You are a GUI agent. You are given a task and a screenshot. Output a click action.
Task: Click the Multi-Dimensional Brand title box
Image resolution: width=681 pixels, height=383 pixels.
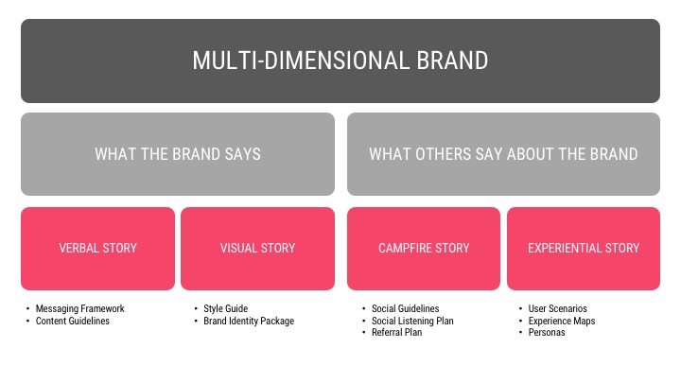(x=340, y=61)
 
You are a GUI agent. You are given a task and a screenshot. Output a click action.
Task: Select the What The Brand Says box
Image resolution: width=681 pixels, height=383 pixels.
(x=178, y=154)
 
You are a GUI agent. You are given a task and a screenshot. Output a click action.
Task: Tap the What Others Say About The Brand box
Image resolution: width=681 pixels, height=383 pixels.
(x=503, y=154)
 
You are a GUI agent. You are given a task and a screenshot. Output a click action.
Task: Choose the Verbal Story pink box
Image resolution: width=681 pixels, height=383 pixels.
(x=97, y=249)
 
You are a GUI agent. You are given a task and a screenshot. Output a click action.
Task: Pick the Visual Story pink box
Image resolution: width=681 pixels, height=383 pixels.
(x=257, y=249)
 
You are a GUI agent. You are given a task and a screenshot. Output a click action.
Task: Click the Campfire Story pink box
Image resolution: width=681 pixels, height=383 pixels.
(x=424, y=249)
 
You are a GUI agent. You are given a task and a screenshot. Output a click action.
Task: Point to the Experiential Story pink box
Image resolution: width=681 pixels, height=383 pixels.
(x=584, y=249)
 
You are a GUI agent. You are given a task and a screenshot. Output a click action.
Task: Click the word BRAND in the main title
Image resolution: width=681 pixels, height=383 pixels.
(x=452, y=61)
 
